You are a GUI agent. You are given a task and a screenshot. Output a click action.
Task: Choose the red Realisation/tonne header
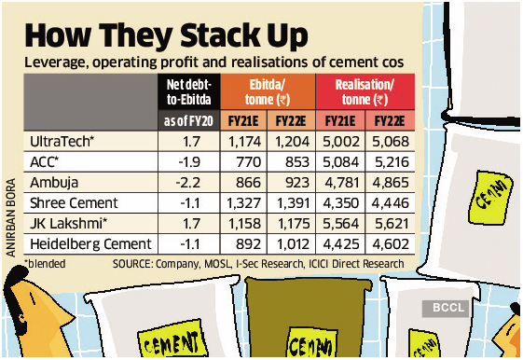(361, 92)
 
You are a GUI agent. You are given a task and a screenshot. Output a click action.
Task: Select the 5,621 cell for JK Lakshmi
(387, 225)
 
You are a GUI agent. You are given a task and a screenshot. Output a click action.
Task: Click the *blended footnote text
(47, 265)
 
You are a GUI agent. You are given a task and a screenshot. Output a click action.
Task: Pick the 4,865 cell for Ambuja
(387, 182)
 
